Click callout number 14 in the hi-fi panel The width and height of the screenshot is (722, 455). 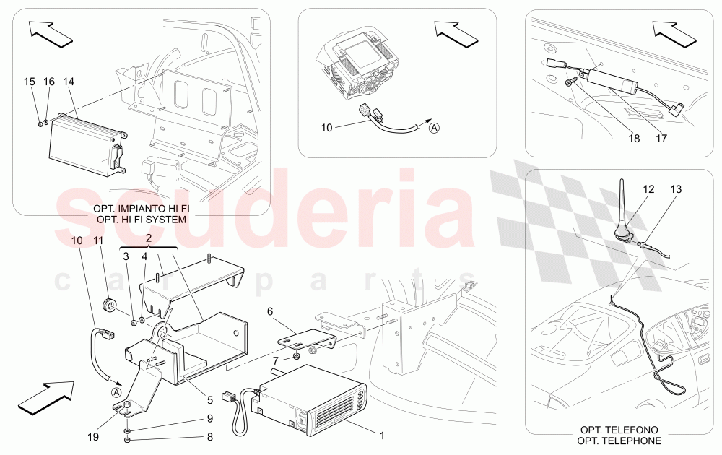69,82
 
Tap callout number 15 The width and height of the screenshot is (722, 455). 30,82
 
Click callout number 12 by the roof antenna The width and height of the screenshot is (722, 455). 648,189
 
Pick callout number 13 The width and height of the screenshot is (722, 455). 675,189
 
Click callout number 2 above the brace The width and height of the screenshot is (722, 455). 148,238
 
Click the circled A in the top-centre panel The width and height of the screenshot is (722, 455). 434,129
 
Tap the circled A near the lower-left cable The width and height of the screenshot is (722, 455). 116,392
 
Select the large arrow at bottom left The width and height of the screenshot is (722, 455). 45,397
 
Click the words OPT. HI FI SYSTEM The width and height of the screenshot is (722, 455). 141,219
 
